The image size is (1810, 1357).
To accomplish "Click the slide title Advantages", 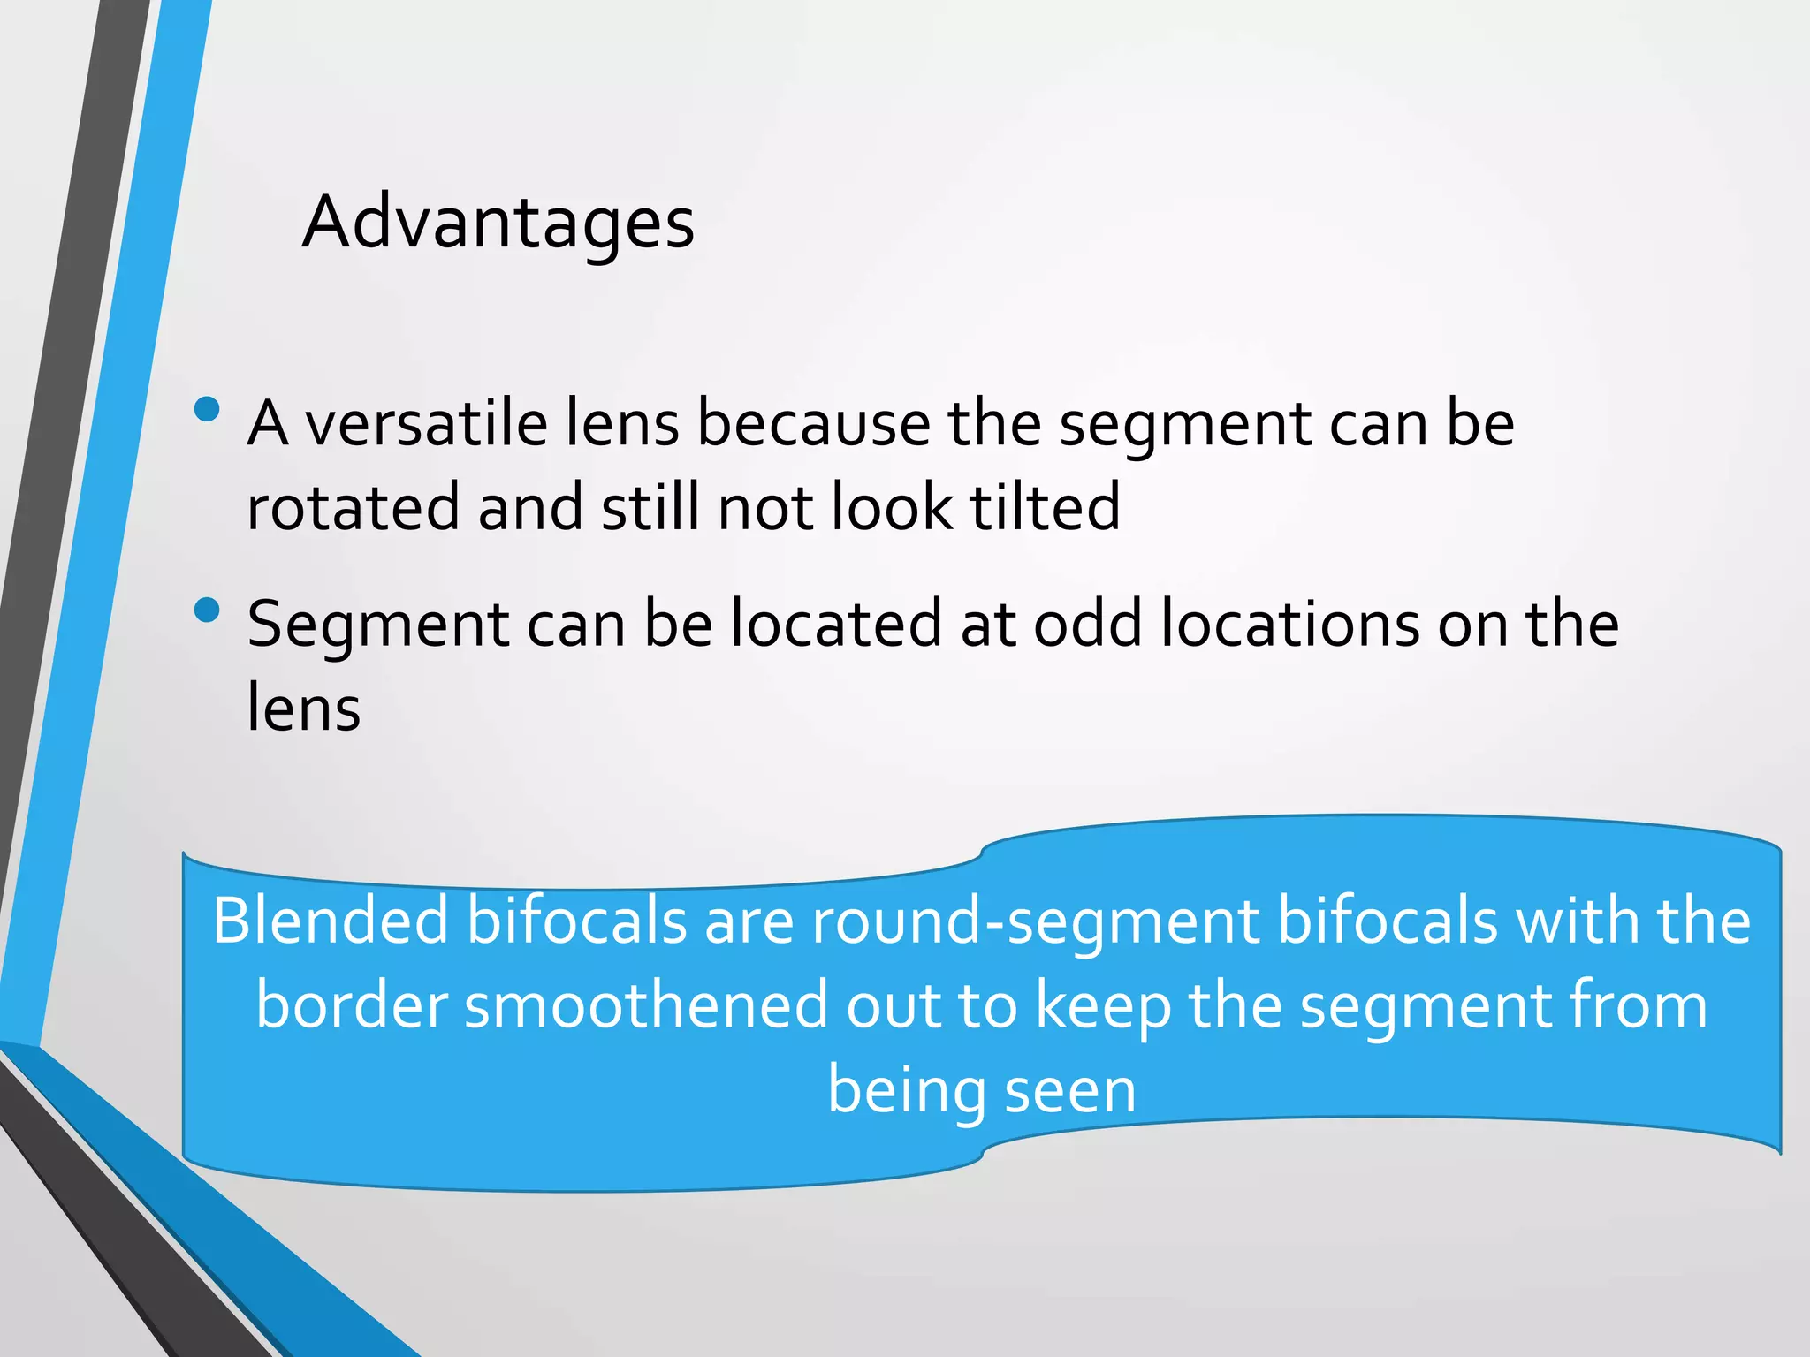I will pos(498,224).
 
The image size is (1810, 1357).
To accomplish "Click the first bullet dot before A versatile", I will pos(207,409).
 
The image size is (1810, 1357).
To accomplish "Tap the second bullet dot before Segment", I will pos(207,610).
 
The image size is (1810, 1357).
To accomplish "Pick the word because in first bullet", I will pos(813,423).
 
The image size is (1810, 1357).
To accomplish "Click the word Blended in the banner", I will pos(331,921).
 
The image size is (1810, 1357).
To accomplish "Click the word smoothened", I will pos(646,1006).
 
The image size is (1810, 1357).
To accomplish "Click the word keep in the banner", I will pos(1102,1006).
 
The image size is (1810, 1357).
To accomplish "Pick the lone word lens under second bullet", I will pos(303,708).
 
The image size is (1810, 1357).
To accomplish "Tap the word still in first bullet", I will pos(650,508).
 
